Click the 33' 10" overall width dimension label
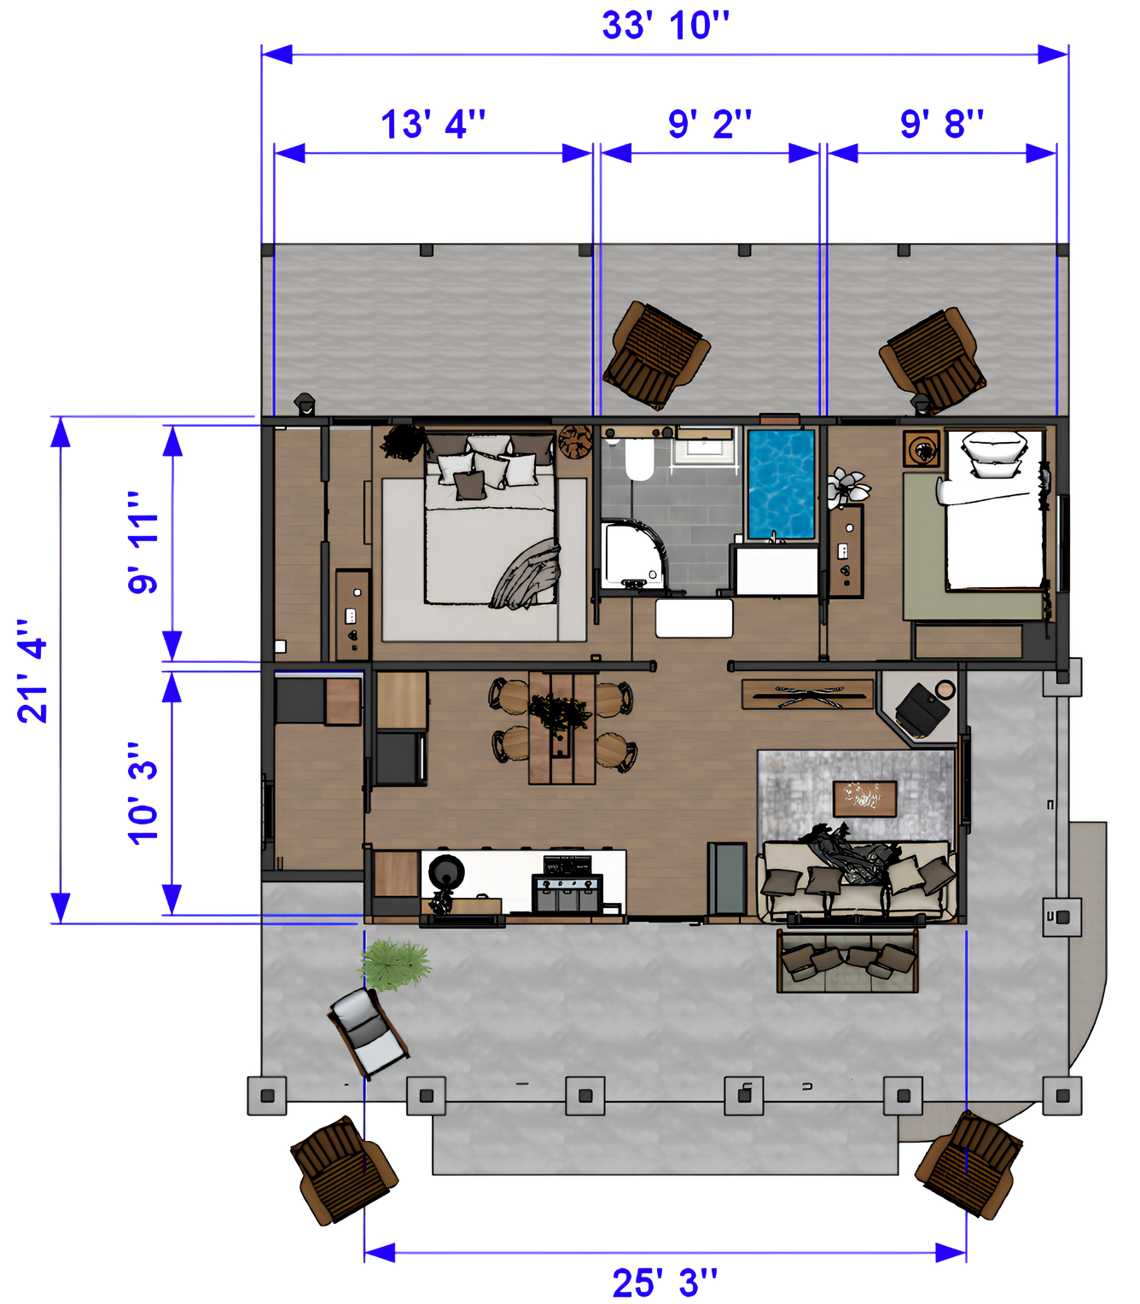click(x=665, y=26)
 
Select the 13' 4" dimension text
click(x=433, y=125)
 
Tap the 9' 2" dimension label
click(x=709, y=125)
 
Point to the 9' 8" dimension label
click(x=941, y=125)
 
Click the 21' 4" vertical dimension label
click(x=32, y=671)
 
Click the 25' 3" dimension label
click(x=665, y=1283)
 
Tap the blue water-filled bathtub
click(x=781, y=485)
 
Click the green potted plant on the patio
click(x=395, y=965)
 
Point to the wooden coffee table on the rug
click(x=864, y=799)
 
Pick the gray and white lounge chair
click(x=368, y=1032)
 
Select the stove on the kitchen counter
click(x=567, y=883)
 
